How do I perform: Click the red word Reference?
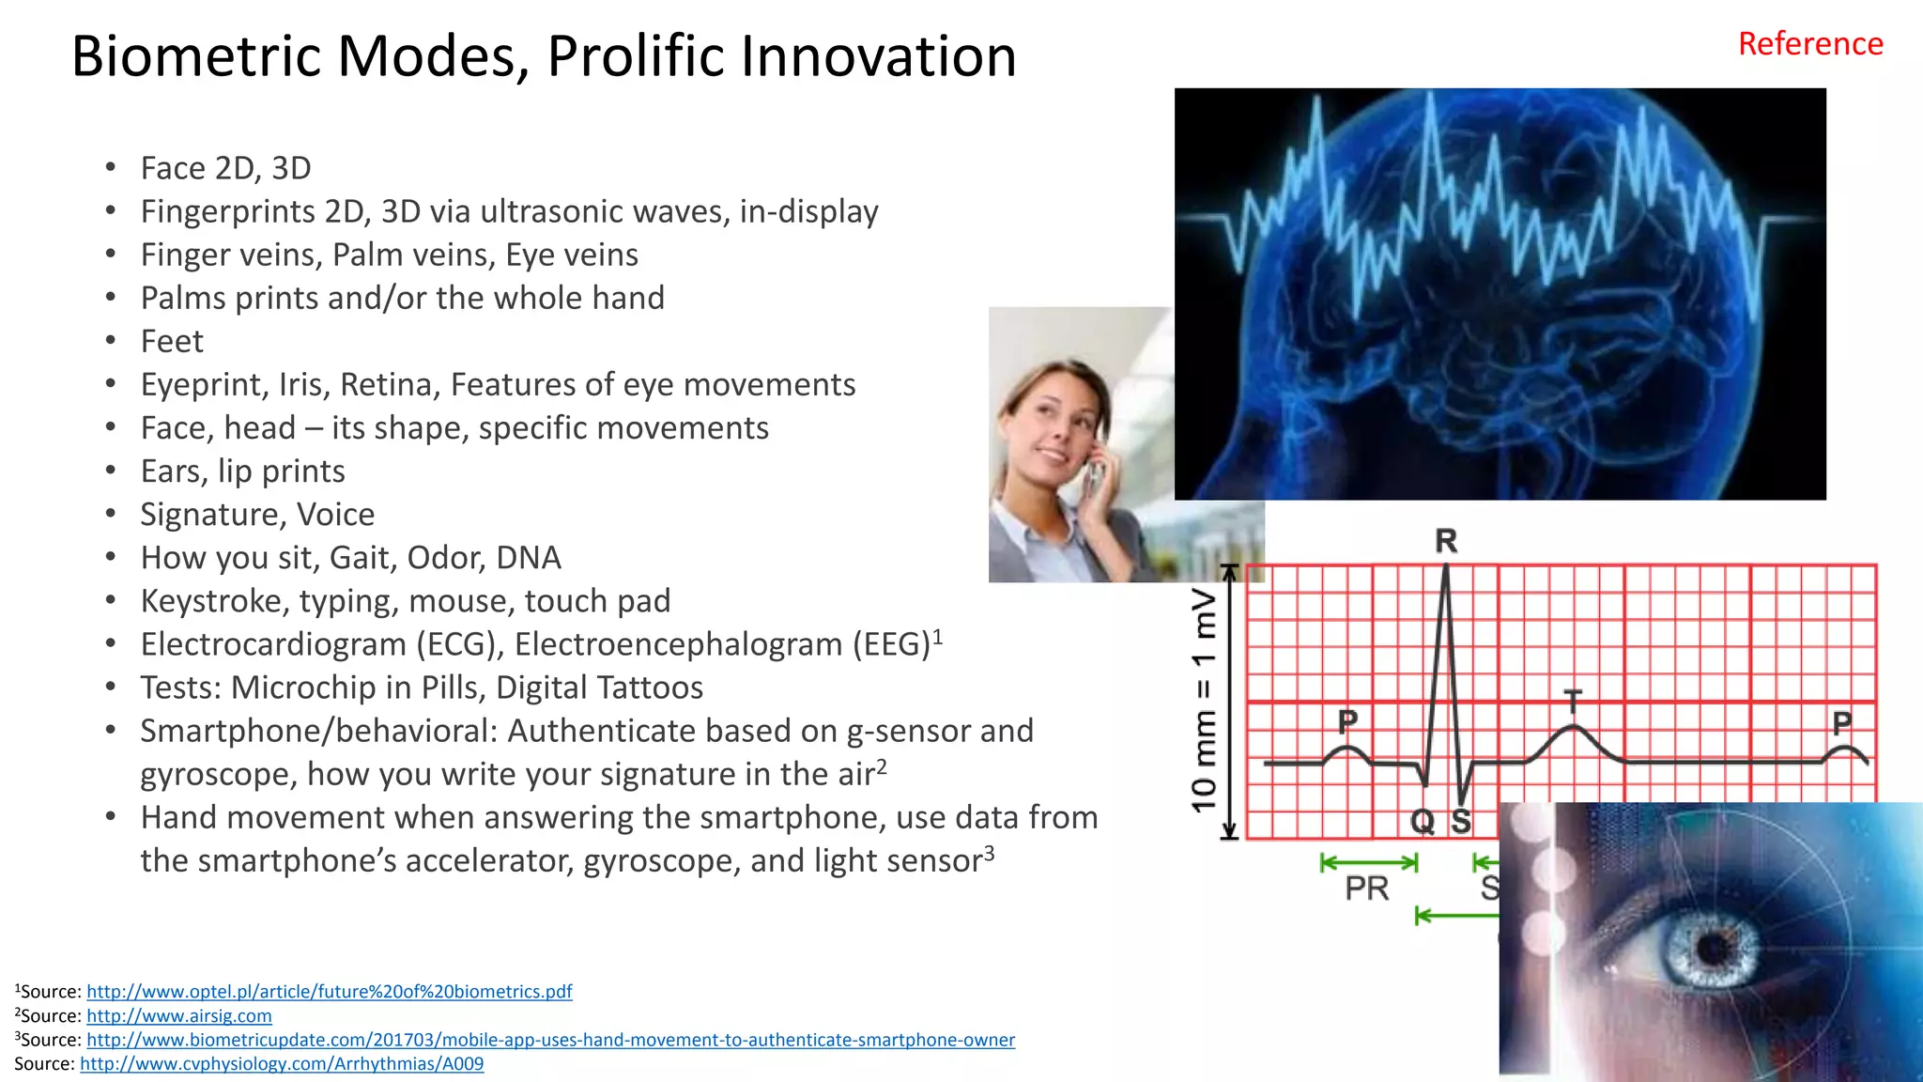pos(1809,44)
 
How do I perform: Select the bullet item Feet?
pos(172,341)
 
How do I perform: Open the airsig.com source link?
pos(179,1015)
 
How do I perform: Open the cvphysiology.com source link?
pos(282,1063)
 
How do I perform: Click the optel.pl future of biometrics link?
pos(329,991)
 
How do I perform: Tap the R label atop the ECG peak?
pos(1446,541)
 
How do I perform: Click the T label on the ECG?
pos(1573,700)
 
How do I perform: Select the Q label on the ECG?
pos(1423,822)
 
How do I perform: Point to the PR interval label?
pos(1366,888)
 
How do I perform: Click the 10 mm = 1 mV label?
pos(1204,700)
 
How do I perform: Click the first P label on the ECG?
pos(1347,721)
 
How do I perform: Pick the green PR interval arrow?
pos(1368,862)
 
